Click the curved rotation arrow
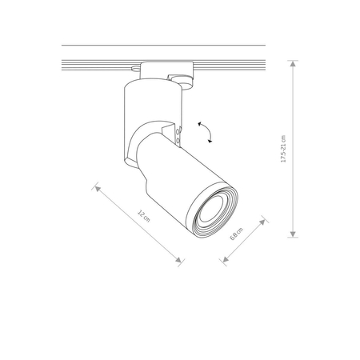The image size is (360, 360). pos(206,131)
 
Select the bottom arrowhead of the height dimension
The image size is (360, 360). pos(293,234)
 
